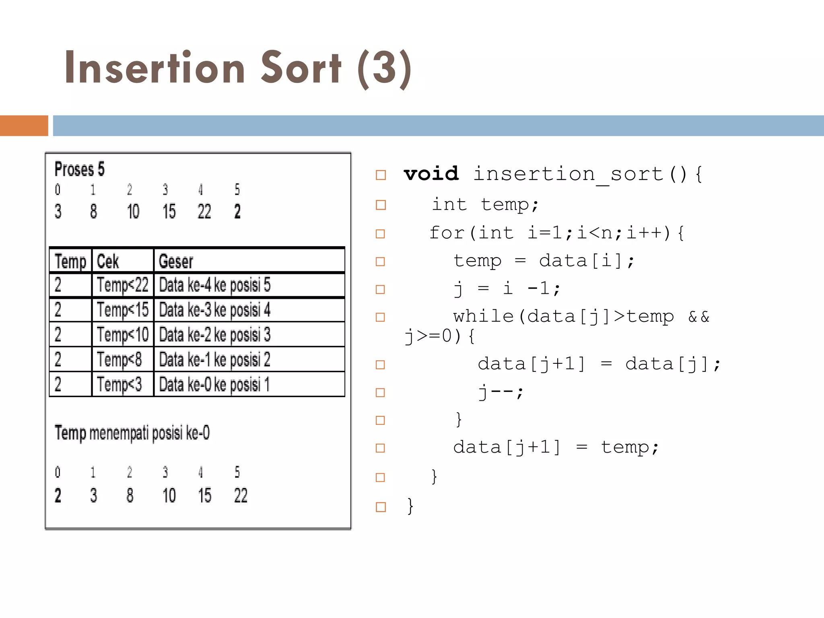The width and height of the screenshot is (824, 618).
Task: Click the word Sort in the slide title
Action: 301,68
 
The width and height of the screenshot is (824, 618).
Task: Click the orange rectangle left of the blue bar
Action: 24,126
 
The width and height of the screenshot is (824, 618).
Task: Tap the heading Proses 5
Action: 79,169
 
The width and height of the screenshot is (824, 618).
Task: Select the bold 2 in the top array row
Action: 237,212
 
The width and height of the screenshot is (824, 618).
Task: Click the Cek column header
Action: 108,262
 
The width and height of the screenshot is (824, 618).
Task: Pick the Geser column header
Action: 176,262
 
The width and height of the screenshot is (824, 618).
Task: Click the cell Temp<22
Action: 122,285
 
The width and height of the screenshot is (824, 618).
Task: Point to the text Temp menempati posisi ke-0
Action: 132,433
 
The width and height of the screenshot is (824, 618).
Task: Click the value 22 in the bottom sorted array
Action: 241,495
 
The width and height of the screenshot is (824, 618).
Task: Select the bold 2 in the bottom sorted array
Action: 58,495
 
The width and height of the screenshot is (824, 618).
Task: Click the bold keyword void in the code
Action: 431,174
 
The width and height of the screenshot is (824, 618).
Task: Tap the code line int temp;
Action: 485,204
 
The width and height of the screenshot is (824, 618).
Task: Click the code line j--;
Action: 501,391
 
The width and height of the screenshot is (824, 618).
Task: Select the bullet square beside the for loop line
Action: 380,234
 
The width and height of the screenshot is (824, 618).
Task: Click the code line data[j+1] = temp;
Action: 556,447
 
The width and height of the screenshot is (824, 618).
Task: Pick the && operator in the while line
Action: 698,317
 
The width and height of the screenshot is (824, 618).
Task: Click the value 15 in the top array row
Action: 169,212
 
